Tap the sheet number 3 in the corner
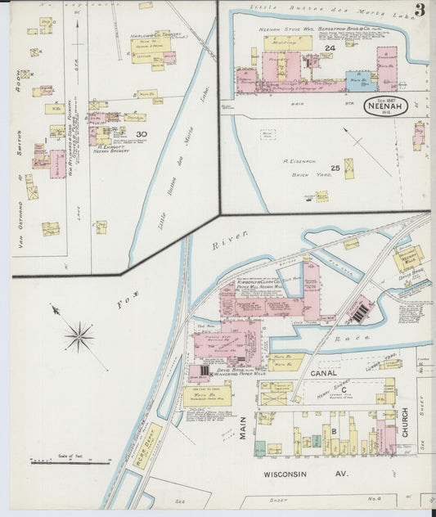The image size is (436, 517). pyautogui.click(x=419, y=11)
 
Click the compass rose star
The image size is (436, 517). pyautogui.click(x=79, y=335)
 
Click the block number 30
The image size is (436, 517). pyautogui.click(x=142, y=134)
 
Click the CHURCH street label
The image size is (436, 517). pyautogui.click(x=405, y=421)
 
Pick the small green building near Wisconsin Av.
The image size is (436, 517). pyautogui.click(x=259, y=448)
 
